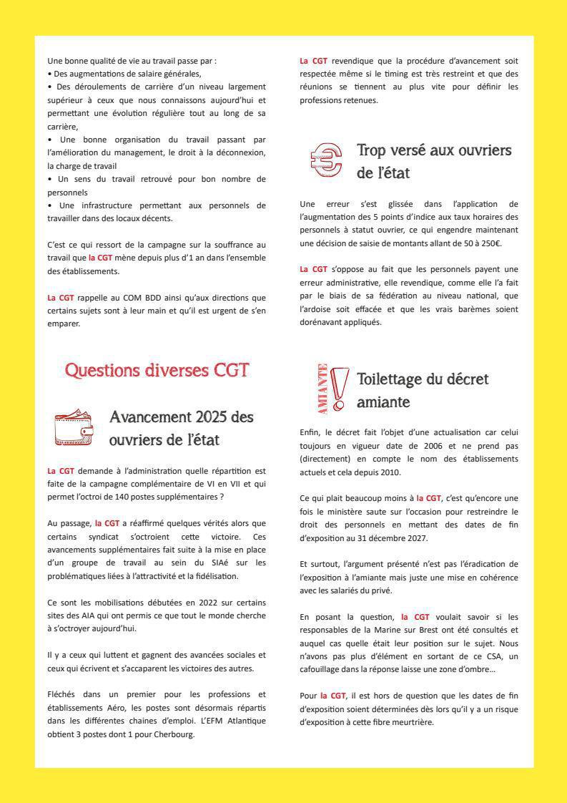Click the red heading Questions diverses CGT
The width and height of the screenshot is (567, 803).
click(x=157, y=370)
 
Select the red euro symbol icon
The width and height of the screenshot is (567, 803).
click(x=326, y=160)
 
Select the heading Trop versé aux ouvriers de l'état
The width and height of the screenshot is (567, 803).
click(x=433, y=161)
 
